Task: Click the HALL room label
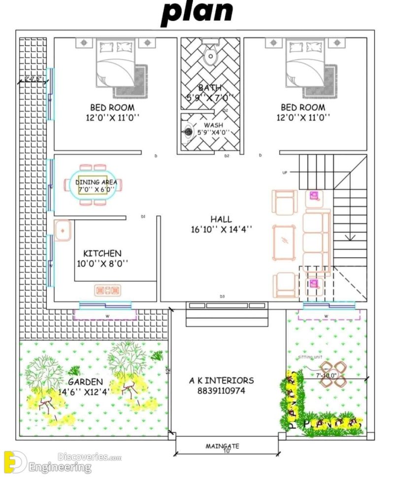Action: [x=221, y=219]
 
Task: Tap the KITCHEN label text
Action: [x=102, y=253]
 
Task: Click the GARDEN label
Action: [x=85, y=382]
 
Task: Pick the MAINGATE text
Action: [x=222, y=446]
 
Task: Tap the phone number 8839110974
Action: [x=221, y=391]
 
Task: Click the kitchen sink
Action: [x=63, y=231]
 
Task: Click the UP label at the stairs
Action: [x=285, y=172]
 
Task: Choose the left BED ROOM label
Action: [x=112, y=107]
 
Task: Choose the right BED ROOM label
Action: [x=303, y=107]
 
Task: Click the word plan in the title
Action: [x=197, y=13]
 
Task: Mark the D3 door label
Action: [x=222, y=296]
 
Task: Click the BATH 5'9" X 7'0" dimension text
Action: [x=210, y=98]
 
